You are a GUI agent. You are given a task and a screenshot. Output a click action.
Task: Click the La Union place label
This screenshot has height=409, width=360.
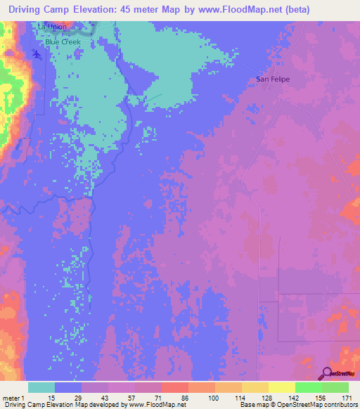click(x=53, y=27)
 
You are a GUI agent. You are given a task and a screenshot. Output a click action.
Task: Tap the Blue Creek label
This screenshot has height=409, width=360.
click(x=63, y=42)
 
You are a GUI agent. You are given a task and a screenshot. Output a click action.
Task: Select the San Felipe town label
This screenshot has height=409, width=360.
click(x=273, y=79)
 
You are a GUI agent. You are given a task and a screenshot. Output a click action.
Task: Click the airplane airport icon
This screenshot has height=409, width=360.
click(x=37, y=55)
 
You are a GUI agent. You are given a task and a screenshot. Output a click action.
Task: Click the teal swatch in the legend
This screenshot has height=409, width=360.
click(x=41, y=387)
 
